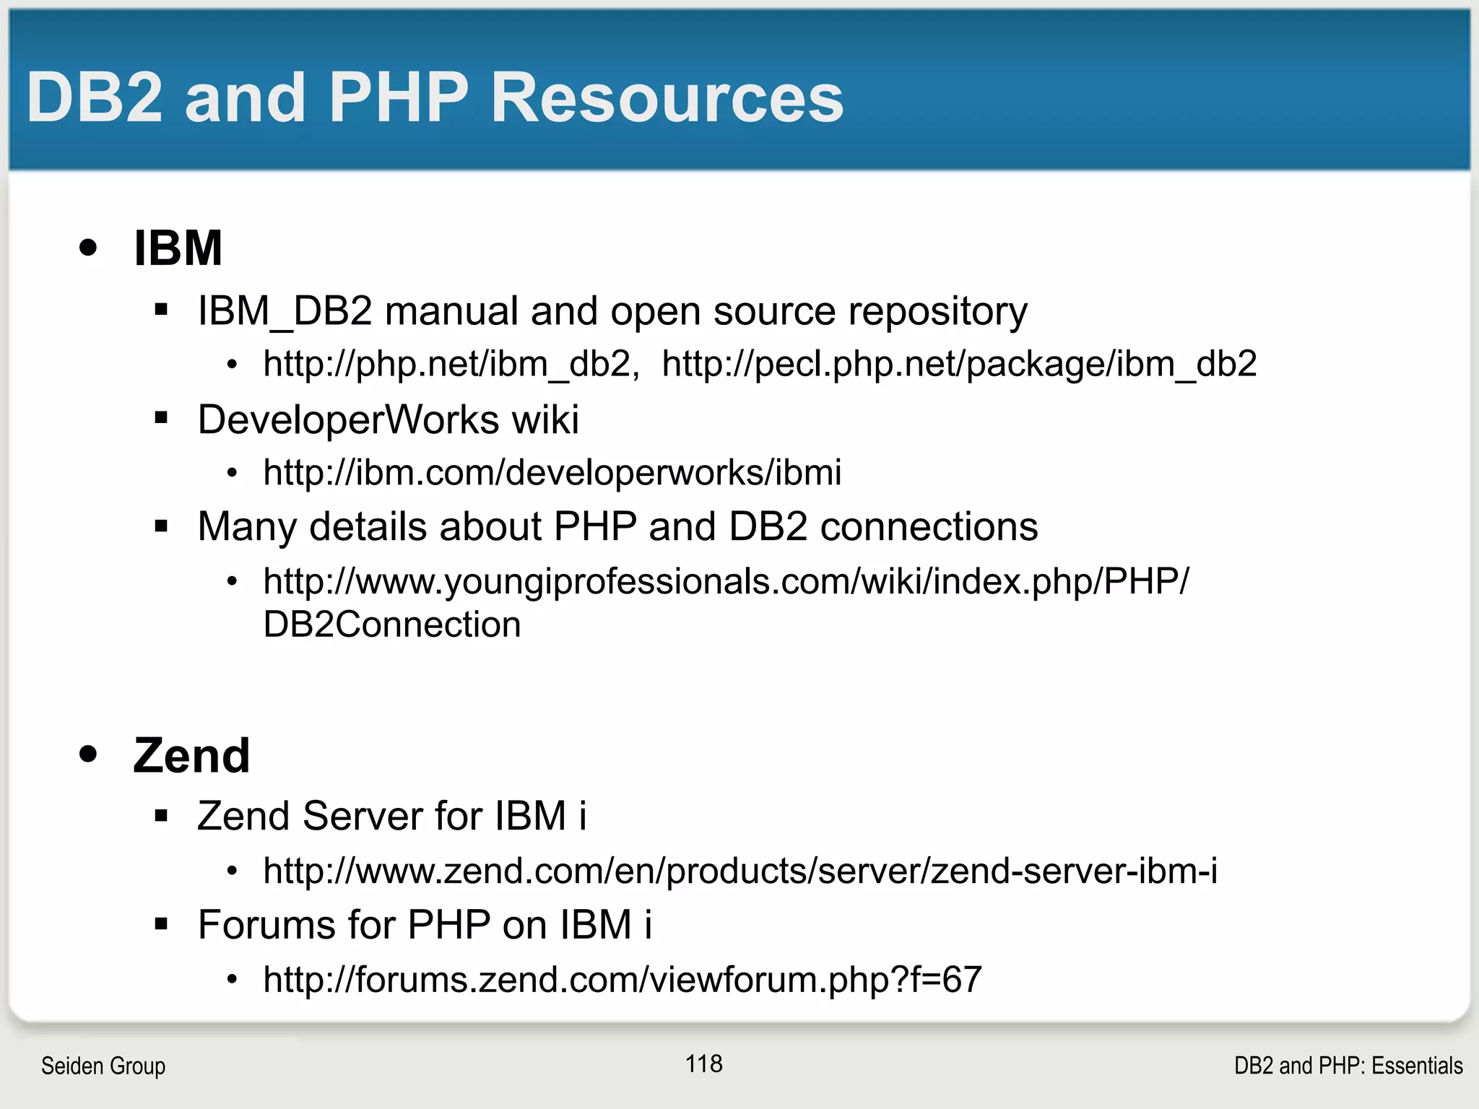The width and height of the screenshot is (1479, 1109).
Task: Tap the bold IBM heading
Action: point(178,248)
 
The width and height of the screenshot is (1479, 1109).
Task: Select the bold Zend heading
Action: point(191,756)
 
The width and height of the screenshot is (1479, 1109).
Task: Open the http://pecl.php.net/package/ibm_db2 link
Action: point(959,364)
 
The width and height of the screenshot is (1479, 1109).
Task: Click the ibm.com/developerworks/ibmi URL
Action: point(552,473)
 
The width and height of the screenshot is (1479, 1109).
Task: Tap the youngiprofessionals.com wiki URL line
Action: point(726,581)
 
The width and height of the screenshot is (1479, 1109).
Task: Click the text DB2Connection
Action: point(392,625)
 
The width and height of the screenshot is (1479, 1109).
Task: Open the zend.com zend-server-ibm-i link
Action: point(740,871)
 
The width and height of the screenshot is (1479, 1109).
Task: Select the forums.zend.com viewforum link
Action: point(623,980)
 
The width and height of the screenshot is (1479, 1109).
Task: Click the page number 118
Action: point(703,1064)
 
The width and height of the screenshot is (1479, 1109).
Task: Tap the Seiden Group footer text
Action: point(103,1066)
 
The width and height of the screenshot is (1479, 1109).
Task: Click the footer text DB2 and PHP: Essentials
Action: point(1348,1066)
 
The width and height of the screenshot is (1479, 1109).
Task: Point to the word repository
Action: point(937,312)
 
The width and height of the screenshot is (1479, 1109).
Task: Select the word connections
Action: point(929,526)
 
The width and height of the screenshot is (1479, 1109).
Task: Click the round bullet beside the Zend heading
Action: point(88,754)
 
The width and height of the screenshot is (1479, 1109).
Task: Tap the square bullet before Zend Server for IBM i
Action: point(161,817)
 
